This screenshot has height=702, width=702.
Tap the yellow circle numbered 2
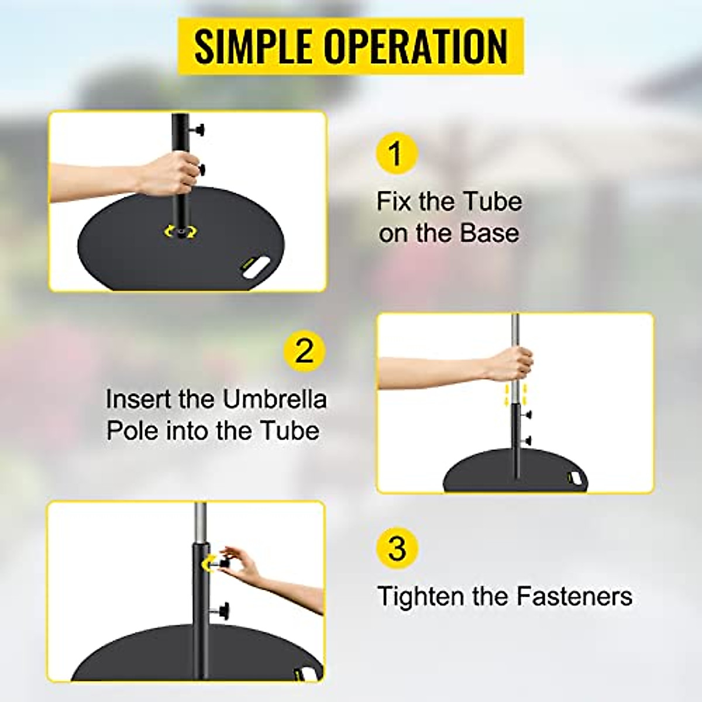point(304,352)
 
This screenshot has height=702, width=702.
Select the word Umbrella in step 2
point(274,400)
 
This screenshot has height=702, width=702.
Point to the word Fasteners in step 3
point(574,597)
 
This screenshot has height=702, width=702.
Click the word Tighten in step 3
point(414,597)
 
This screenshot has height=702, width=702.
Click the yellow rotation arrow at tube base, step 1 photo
point(181,231)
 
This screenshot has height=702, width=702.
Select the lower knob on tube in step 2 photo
point(528,440)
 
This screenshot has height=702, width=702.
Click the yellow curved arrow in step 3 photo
point(207,563)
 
